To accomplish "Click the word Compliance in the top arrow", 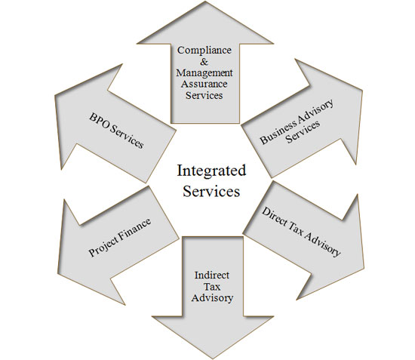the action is click(x=204, y=51).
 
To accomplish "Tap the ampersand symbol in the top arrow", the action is click(x=204, y=61).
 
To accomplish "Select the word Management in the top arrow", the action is click(x=204, y=73).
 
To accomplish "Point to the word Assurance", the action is click(x=204, y=84).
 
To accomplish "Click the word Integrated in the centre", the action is click(x=211, y=171).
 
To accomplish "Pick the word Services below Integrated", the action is click(x=211, y=191).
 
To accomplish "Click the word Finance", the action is click(x=135, y=228).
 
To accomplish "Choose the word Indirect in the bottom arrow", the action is click(x=212, y=275).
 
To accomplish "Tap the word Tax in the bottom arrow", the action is click(x=212, y=287).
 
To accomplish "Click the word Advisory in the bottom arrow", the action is click(x=212, y=298).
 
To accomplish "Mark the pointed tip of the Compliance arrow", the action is click(x=206, y=2).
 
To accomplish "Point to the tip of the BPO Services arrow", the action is click(x=55, y=95).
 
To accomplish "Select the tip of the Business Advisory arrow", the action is click(x=361, y=91).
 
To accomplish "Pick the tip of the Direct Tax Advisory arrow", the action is click(x=364, y=268).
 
